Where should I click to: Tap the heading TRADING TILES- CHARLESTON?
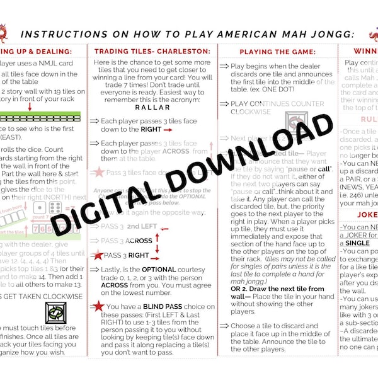point(152,51)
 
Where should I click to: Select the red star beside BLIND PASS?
point(98,306)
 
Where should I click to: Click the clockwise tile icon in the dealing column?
point(55,312)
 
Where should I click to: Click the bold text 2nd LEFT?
point(142,225)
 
